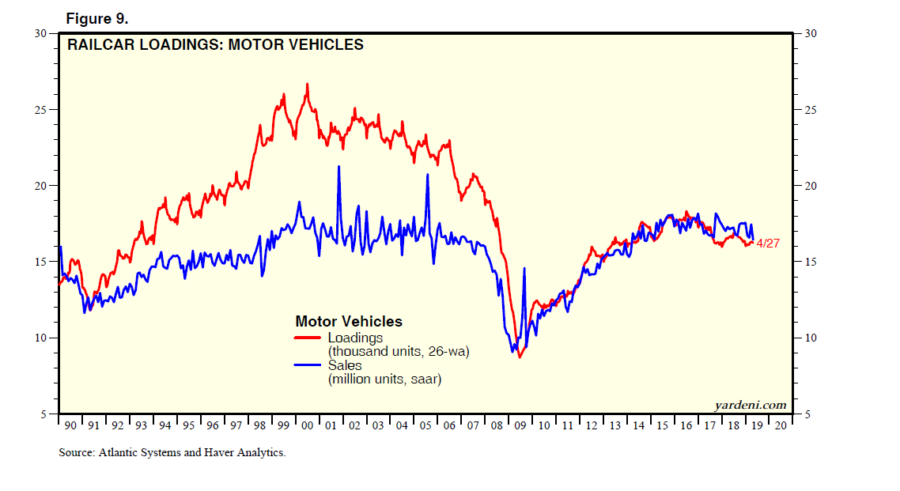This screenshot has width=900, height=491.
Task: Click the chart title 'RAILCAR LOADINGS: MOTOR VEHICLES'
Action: coord(215,45)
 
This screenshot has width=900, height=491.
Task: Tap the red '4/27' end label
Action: coord(768,244)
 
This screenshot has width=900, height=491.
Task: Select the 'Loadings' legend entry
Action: coord(355,338)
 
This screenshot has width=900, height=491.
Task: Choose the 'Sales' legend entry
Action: coord(345,365)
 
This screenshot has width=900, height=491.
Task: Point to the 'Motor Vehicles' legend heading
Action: coord(349,322)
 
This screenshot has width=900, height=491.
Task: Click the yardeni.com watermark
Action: coord(751,405)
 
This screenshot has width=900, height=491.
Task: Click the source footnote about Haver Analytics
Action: coord(172,453)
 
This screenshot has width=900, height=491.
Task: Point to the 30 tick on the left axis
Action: coord(40,33)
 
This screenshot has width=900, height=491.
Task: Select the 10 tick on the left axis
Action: coord(40,338)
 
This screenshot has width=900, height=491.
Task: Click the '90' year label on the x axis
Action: coord(70,425)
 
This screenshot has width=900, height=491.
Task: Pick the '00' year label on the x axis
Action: coord(307,425)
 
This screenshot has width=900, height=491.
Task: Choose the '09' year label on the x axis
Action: coord(520,425)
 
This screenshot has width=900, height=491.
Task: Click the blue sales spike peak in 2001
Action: coord(338,167)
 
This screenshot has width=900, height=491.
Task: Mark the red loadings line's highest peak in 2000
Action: coord(308,84)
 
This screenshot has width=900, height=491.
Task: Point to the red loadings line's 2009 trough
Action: coord(520,357)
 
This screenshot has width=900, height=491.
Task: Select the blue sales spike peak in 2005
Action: coord(427,174)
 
